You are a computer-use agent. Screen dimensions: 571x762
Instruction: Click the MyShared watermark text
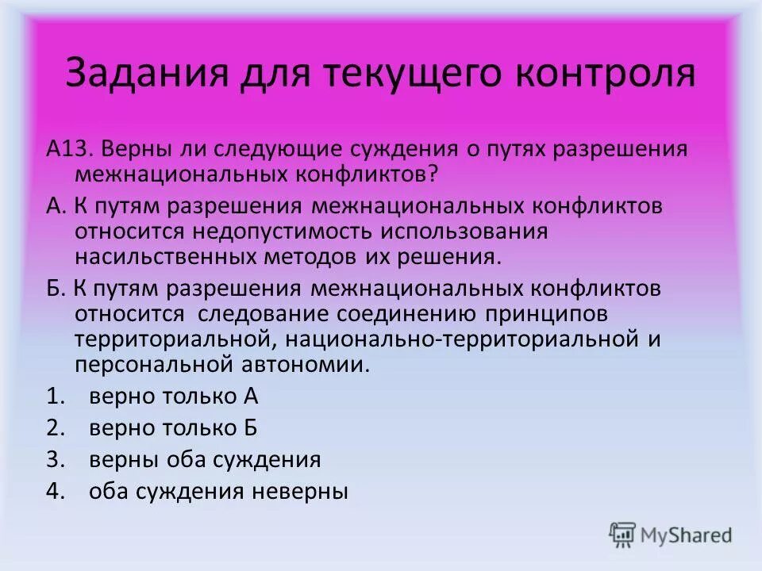point(687,535)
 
